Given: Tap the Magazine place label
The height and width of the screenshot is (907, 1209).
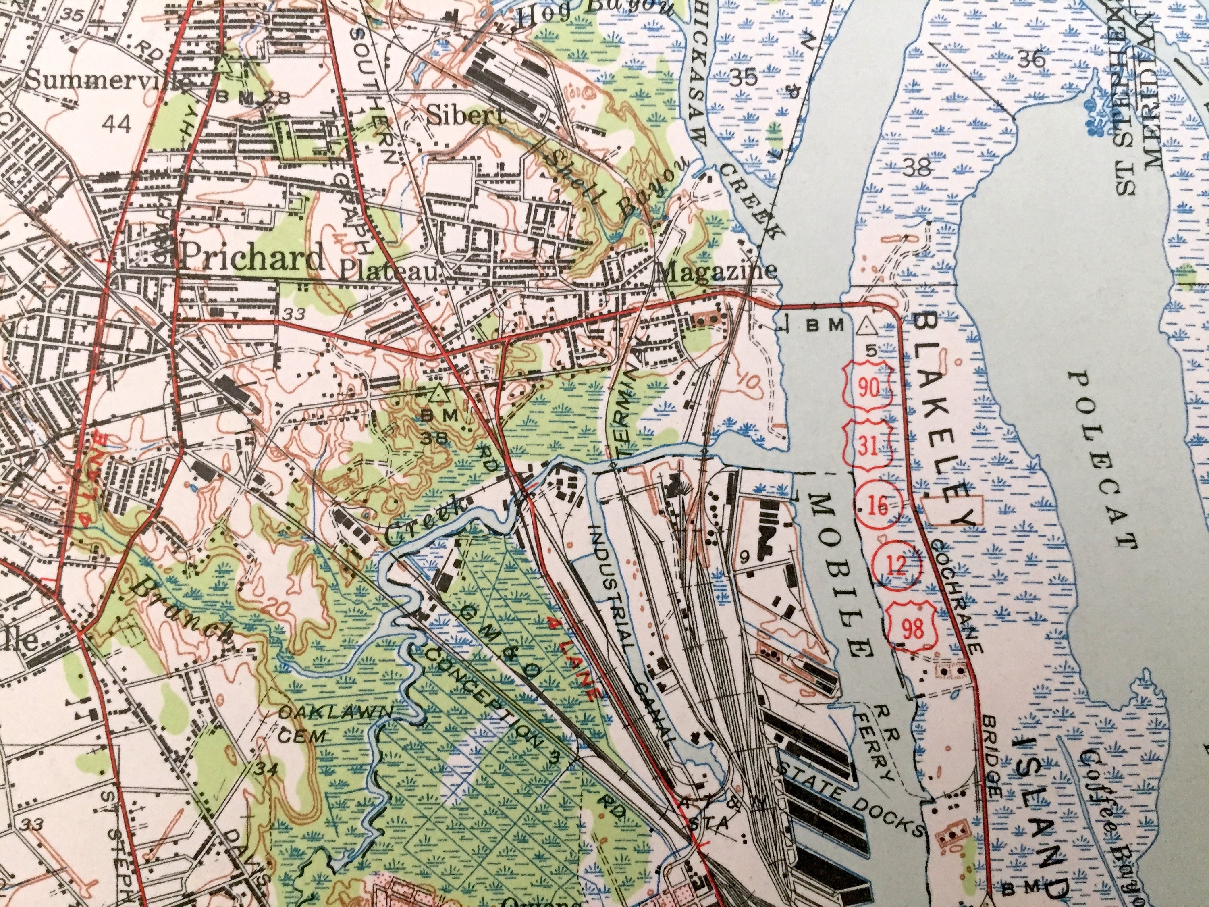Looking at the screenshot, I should [718, 270].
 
